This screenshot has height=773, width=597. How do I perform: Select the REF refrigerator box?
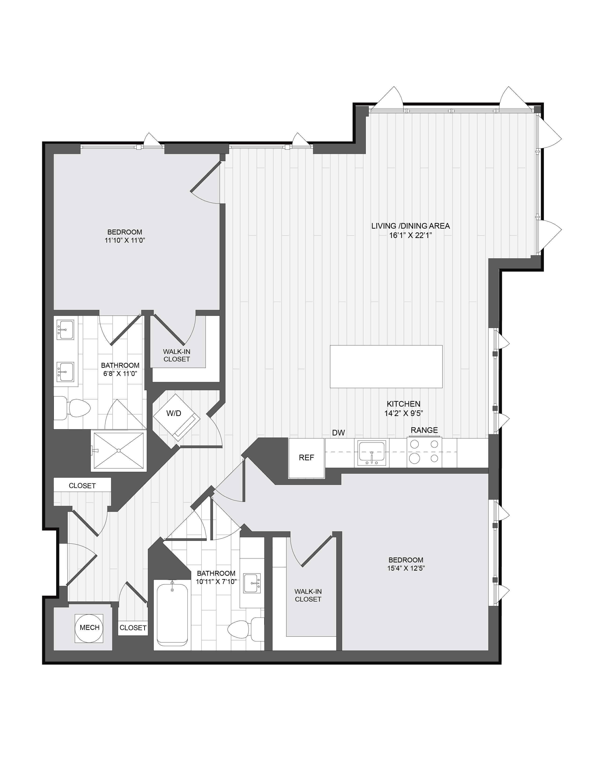306,458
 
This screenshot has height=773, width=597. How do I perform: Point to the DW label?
338,432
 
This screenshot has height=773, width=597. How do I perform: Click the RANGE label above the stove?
424,430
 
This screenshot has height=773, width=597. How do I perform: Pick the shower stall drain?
119,450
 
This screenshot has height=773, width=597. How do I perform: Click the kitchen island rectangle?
386,366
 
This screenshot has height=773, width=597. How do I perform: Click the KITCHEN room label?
403,404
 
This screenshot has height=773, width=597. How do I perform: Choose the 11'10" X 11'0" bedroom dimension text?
125,240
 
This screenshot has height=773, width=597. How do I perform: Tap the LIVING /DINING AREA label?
411,226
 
